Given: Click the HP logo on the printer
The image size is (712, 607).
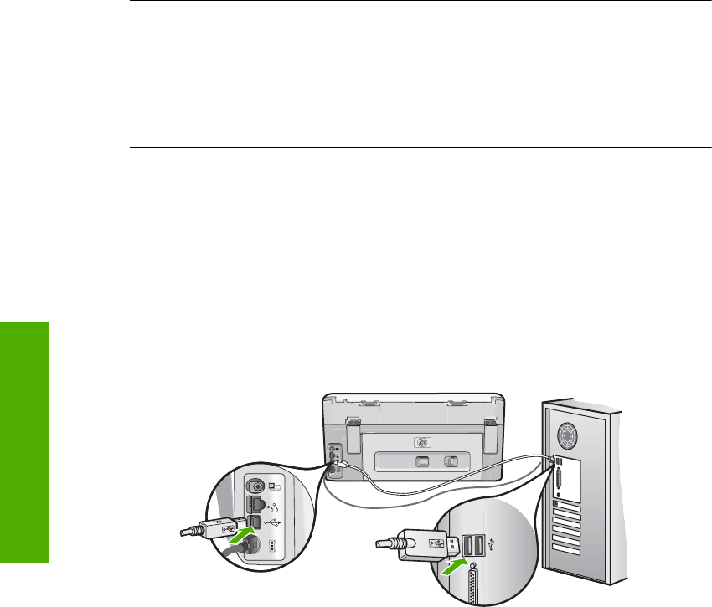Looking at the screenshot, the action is pos(422,443).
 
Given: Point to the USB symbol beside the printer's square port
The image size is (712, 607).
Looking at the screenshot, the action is pos(274,523).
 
